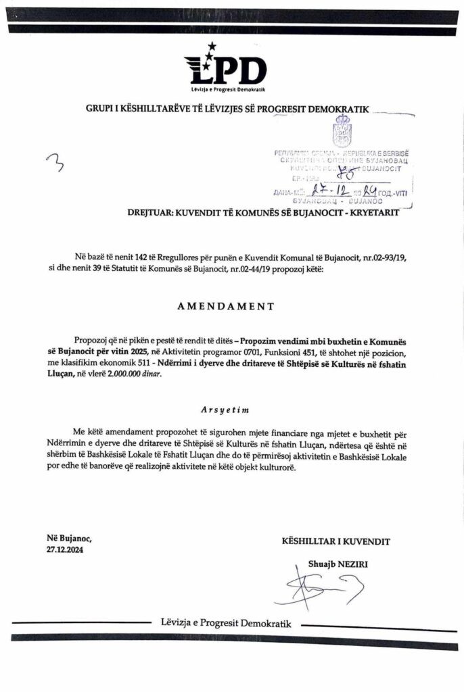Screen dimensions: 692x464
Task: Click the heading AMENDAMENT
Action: coord(226,305)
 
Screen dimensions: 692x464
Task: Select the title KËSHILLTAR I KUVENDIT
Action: coord(335,541)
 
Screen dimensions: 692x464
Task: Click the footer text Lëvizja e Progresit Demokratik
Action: coord(226,622)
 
